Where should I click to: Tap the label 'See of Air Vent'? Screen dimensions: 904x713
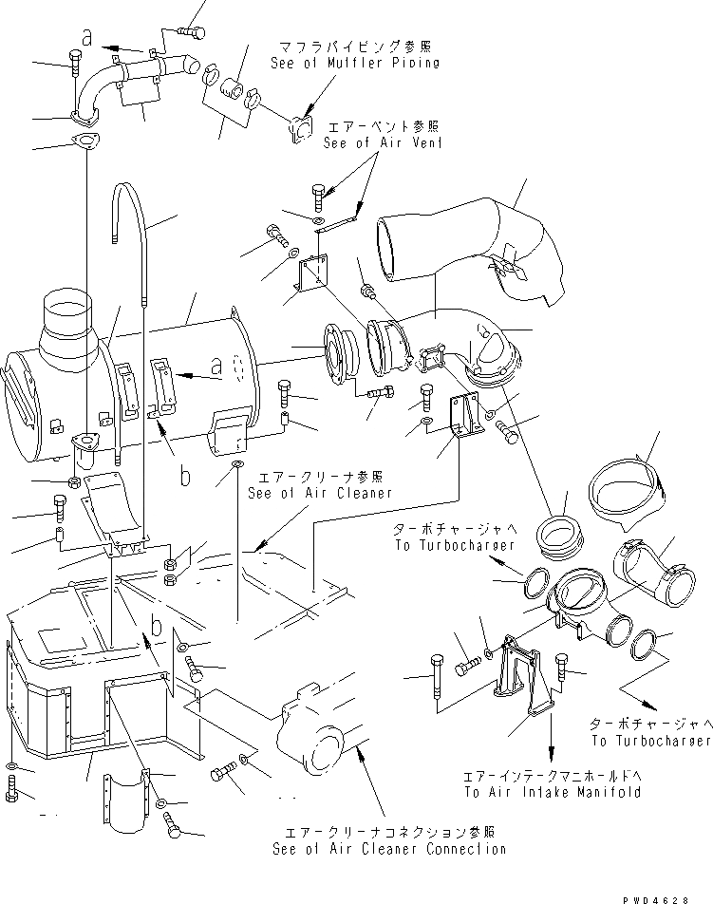click(383, 143)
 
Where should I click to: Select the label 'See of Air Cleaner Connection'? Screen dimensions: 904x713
click(388, 849)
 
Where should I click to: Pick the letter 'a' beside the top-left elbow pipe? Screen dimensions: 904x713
click(87, 39)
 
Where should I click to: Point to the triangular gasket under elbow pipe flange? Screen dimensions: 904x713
click(85, 144)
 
